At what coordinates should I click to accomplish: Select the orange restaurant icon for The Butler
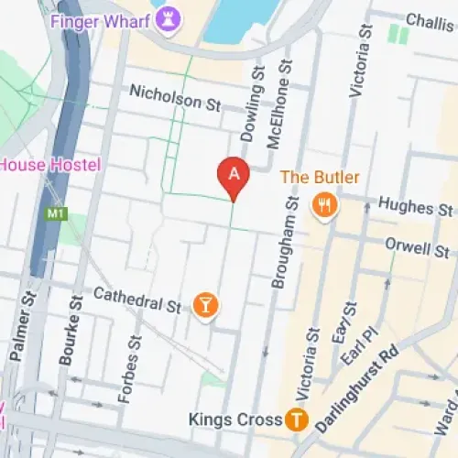tap(322, 204)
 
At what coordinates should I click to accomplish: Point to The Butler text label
tap(320, 177)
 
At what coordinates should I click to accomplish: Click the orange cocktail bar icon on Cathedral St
tap(207, 306)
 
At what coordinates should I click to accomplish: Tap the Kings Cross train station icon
tap(296, 420)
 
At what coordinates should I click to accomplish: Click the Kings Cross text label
tap(234, 420)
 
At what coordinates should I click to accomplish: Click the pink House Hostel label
tap(50, 166)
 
